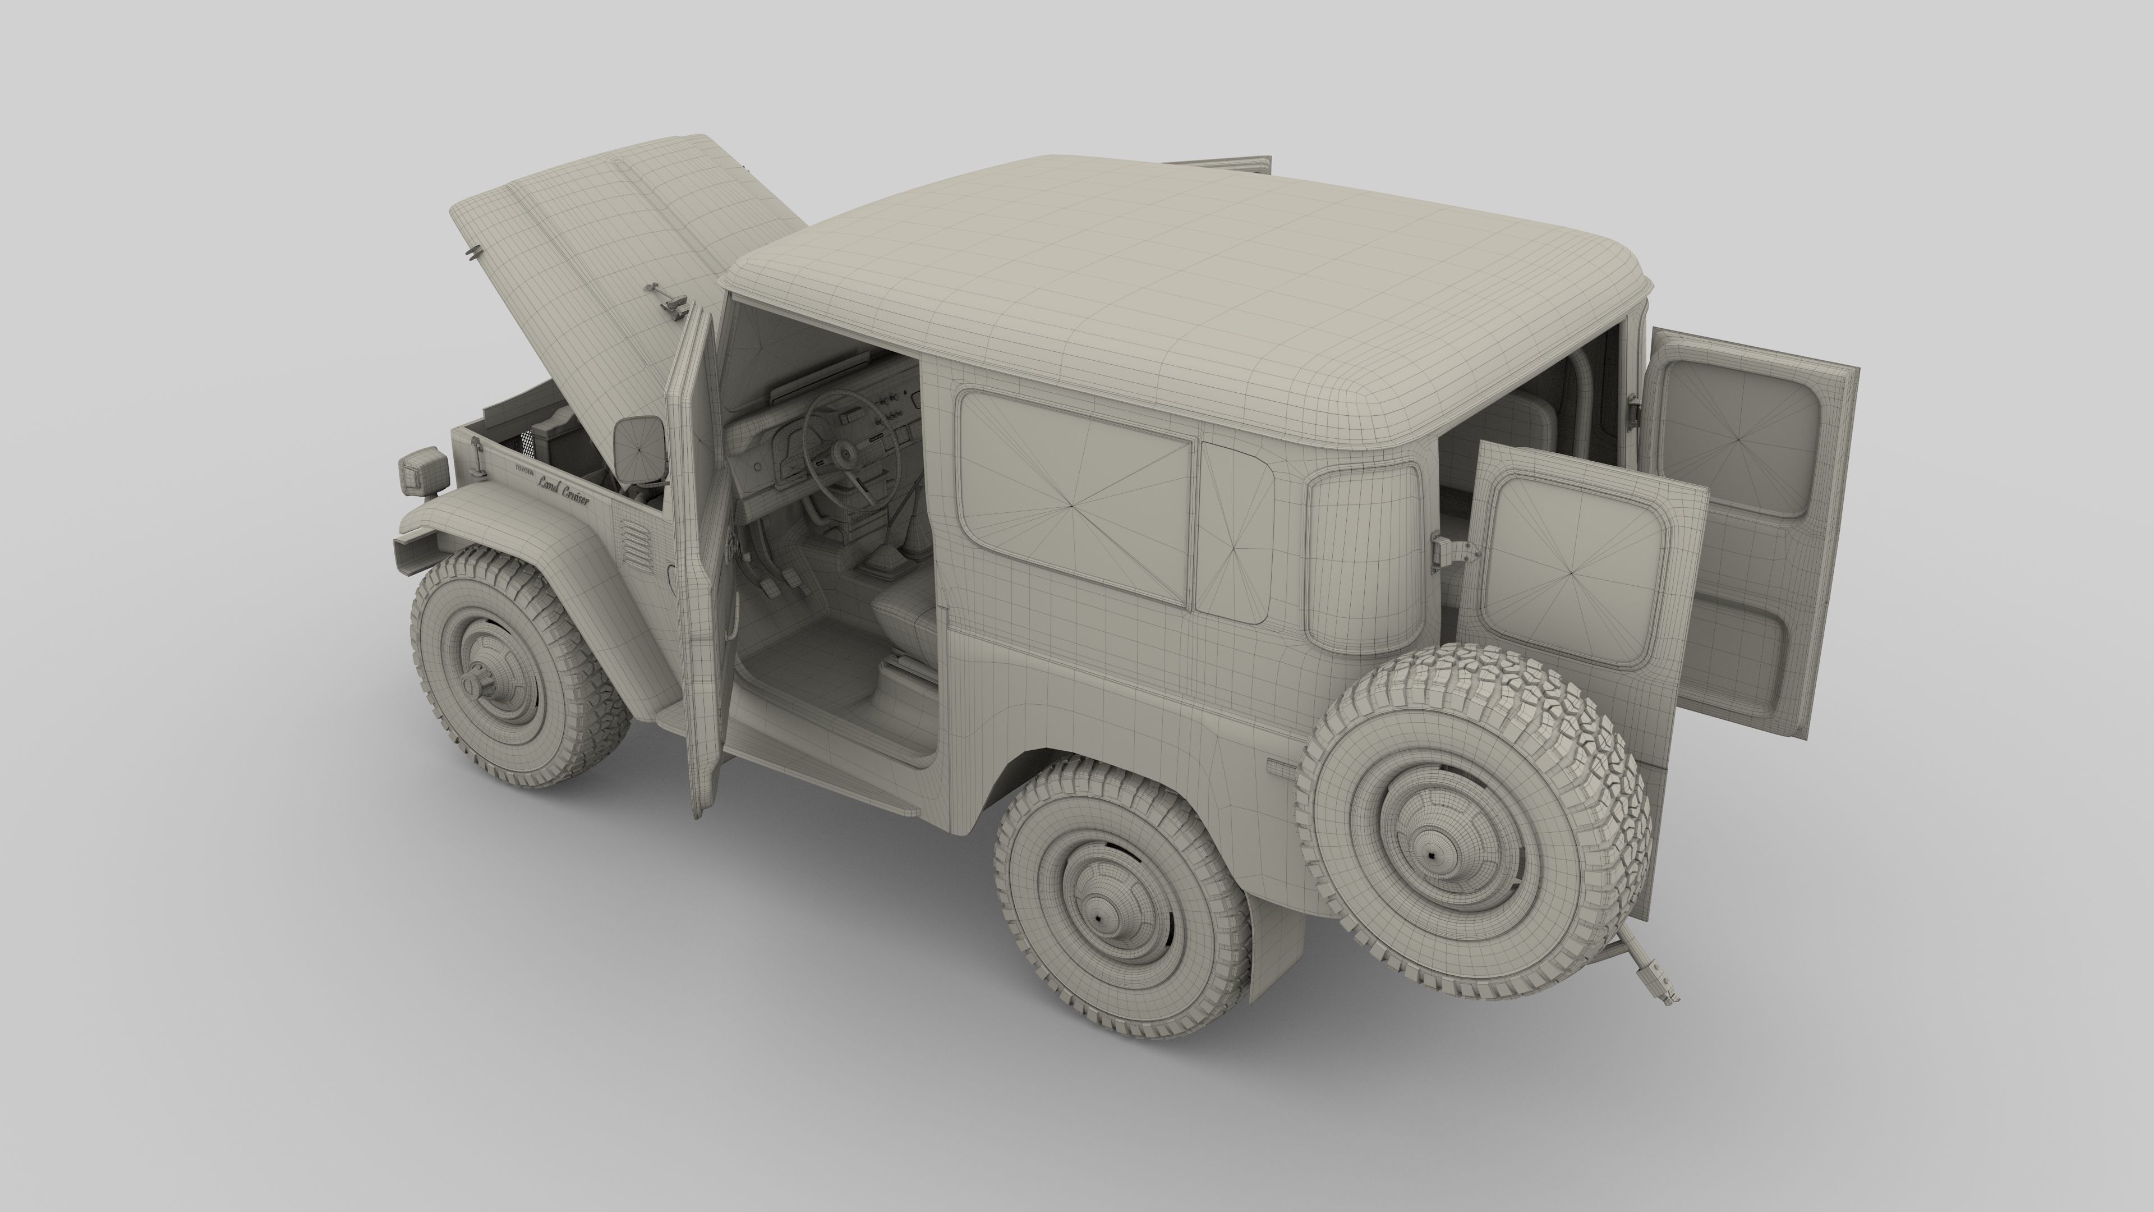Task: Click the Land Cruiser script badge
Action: (x=563, y=491)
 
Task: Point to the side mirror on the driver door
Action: (x=639, y=449)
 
